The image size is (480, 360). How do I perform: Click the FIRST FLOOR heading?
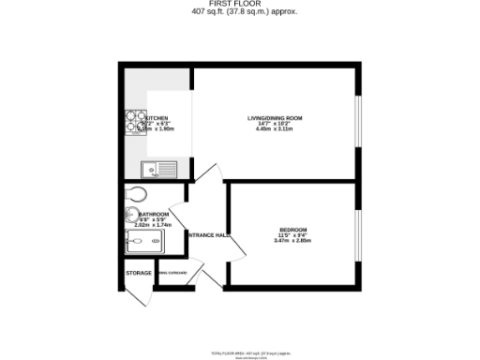pos(240,5)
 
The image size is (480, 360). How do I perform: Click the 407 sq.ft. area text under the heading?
pos(240,12)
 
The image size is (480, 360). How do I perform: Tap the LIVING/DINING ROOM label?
pos(275,117)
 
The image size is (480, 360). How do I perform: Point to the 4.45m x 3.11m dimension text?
pos(275,128)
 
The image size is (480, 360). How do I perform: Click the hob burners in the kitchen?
pos(130,126)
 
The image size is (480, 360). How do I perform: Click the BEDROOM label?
pos(292,230)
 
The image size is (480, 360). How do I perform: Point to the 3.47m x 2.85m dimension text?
pos(292,241)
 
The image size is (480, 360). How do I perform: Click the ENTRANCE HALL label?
pos(210,235)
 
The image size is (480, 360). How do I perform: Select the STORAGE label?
pos(139,274)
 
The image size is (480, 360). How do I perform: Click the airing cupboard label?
pos(172,274)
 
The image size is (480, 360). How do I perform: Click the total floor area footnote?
pos(240,344)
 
